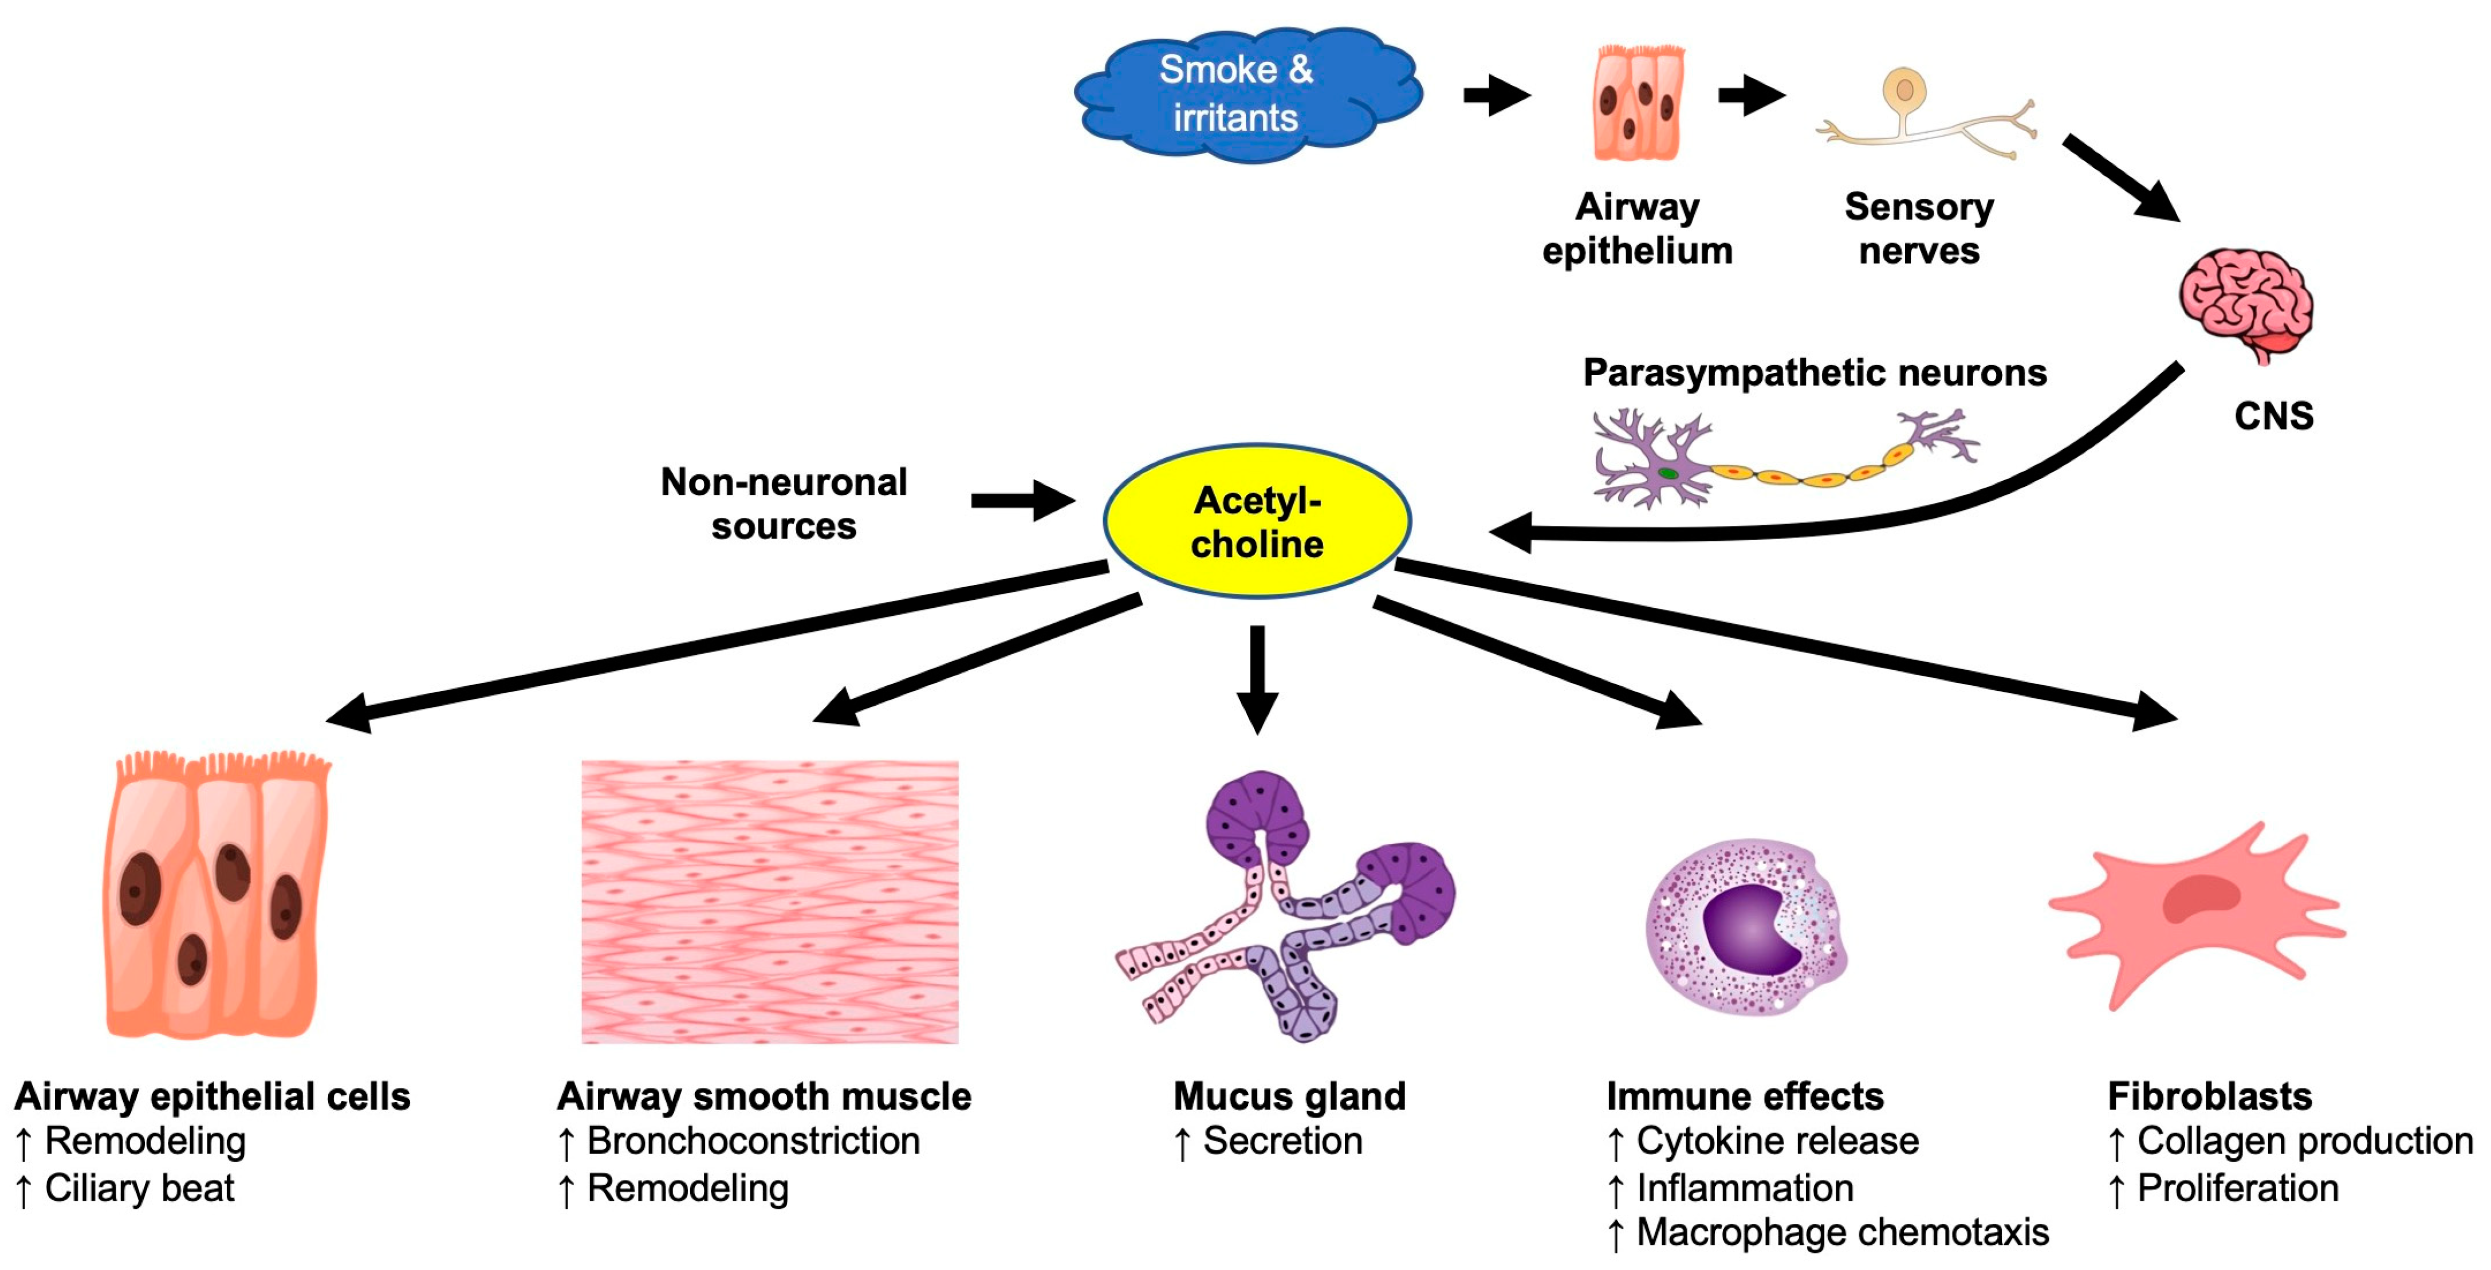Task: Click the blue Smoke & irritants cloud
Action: pyautogui.click(x=1248, y=94)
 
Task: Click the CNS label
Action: pyautogui.click(x=2272, y=416)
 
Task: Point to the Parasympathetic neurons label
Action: pyautogui.click(x=1814, y=372)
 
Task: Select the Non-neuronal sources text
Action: pyautogui.click(x=784, y=503)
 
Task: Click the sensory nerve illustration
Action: pyautogui.click(x=1925, y=116)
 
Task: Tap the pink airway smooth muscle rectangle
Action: pyautogui.click(x=770, y=902)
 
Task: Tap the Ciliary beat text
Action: pyautogui.click(x=139, y=1188)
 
